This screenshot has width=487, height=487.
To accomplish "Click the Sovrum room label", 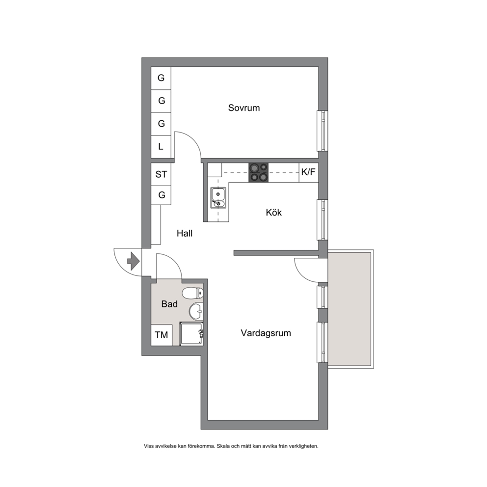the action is [244, 108].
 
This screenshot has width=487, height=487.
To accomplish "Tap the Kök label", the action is [273, 213].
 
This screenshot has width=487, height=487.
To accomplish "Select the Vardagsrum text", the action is [266, 333].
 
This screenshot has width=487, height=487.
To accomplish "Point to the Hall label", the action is [185, 233].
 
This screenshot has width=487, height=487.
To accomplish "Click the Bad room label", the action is [169, 304].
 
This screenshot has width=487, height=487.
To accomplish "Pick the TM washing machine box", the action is [162, 335].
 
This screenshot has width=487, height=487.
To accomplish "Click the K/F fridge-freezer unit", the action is [309, 172].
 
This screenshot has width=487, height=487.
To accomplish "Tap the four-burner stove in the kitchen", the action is [258, 172].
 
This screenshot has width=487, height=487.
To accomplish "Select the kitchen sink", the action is [218, 197].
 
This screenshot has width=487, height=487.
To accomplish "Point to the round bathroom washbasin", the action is [196, 312].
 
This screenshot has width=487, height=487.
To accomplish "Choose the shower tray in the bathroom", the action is [191, 334].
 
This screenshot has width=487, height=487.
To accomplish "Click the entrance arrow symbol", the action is [134, 261].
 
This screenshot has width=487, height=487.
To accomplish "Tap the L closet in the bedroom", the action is [161, 147].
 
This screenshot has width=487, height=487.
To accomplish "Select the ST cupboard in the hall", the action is [161, 174].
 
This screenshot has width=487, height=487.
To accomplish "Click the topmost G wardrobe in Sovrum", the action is [161, 78].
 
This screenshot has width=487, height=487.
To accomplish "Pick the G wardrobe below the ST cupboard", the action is [161, 195].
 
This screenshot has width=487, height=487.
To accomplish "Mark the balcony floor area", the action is [350, 309].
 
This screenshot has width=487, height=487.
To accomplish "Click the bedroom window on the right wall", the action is [323, 131].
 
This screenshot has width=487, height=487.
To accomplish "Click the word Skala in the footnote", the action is [224, 446].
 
